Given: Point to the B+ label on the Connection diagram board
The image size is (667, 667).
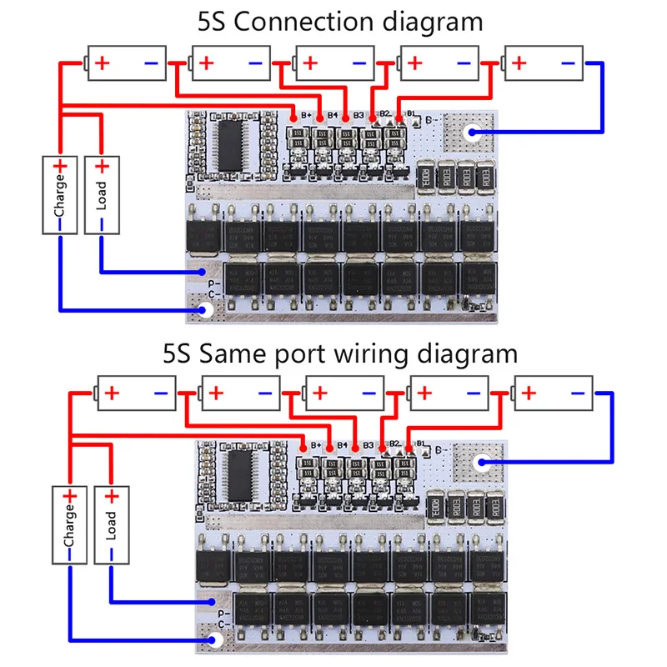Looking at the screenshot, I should pyautogui.click(x=305, y=114).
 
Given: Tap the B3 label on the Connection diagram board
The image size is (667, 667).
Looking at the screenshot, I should pyautogui.click(x=359, y=114).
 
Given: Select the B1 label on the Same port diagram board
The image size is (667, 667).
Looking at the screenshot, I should pyautogui.click(x=422, y=444).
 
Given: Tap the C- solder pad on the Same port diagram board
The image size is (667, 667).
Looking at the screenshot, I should pyautogui.click(x=216, y=640).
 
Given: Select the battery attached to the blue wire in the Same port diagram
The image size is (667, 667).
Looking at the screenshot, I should pyautogui.click(x=553, y=394).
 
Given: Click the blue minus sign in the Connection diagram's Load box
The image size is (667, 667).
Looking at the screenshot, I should pyautogui.click(x=101, y=223).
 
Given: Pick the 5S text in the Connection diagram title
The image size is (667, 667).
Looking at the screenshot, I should pyautogui.click(x=213, y=22).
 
